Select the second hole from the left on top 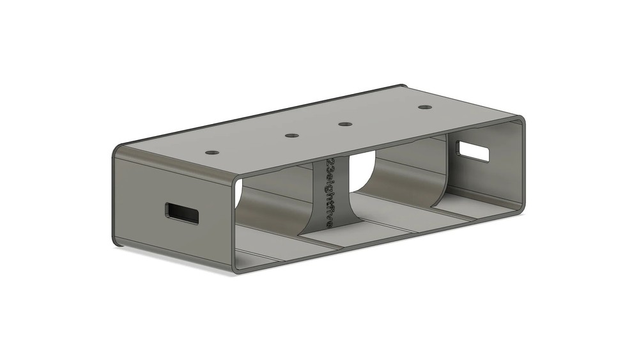pyautogui.click(x=291, y=136)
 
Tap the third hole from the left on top pyautogui.click(x=345, y=124)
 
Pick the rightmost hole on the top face pyautogui.click(x=424, y=107)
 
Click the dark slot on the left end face pyautogui.click(x=181, y=213)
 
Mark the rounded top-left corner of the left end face pyautogui.click(x=117, y=151)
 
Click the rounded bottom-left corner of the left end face pyautogui.click(x=118, y=240)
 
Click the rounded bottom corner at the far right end pyautogui.click(x=520, y=208)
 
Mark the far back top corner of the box pyautogui.click(x=402, y=86)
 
